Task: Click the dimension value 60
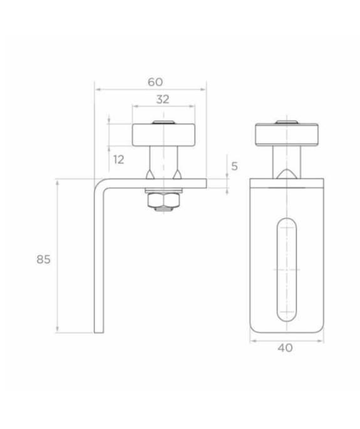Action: (x=155, y=82)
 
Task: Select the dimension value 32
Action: (x=163, y=100)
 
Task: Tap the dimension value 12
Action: (x=119, y=160)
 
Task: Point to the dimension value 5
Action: (x=234, y=167)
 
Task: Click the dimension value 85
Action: (x=43, y=259)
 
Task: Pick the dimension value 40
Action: (x=285, y=348)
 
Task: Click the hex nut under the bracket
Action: (x=163, y=200)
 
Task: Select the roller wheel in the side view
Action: (x=163, y=135)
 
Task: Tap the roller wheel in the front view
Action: (x=287, y=135)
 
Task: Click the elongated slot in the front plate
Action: (x=286, y=269)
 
